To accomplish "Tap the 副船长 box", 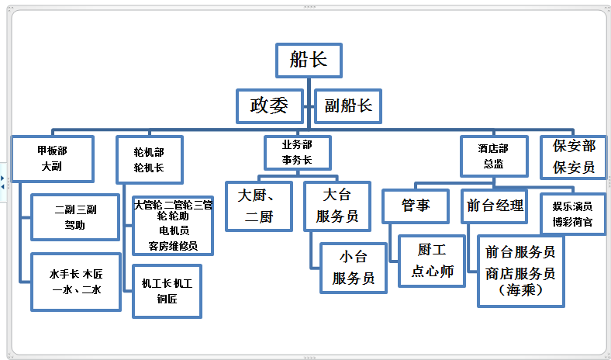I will [348, 106].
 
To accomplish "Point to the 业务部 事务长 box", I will [297, 153].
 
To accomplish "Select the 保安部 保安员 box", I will [574, 157].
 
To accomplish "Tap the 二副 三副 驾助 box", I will [75, 217].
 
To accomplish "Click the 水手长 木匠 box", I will [75, 281].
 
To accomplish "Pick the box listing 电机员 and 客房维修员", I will [173, 225].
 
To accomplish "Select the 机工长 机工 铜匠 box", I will [167, 291].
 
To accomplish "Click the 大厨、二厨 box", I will [259, 206].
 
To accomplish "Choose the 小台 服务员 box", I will [353, 267].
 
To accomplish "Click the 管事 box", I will [415, 206].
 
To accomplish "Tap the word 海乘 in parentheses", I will [520, 289].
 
